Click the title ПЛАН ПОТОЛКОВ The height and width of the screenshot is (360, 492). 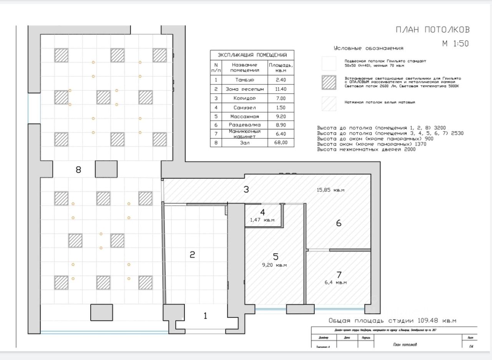click(433, 30)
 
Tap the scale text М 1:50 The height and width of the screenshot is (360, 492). click(455, 44)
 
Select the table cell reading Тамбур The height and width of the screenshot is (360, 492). click(244, 80)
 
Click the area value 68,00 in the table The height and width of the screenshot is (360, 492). click(281, 143)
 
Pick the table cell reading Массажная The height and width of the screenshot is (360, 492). click(244, 116)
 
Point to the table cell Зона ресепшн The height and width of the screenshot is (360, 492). click(244, 90)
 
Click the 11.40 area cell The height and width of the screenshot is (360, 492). click(281, 90)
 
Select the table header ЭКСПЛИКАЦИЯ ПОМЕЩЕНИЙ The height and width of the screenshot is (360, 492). click(252, 55)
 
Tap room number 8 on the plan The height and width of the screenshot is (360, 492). click(78, 169)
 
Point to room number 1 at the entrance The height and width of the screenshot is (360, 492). click(205, 316)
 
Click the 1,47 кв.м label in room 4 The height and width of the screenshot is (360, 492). click(263, 220)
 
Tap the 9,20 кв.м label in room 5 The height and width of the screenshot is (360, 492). click(274, 265)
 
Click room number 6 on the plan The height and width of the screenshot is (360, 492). click(339, 223)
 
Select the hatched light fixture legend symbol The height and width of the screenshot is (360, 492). click(329, 82)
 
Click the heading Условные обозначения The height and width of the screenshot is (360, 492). click(369, 48)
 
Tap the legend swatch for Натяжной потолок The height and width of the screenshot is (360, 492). click(329, 103)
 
